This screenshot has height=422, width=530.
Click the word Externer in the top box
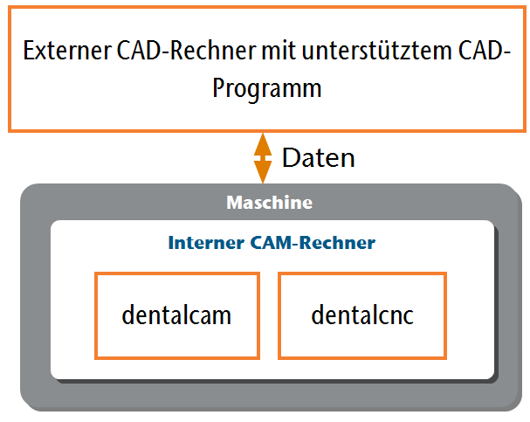tap(67, 51)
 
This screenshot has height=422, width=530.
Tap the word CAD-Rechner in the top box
tap(187, 51)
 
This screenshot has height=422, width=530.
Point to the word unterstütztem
tap(377, 51)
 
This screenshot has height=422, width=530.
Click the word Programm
tap(267, 88)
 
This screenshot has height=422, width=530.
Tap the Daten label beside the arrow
tap(319, 157)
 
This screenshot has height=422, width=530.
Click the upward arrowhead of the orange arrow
tap(263, 145)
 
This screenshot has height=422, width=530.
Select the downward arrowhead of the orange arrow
tap(263, 171)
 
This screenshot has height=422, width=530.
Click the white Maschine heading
tap(270, 203)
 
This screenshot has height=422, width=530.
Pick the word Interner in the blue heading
tap(206, 242)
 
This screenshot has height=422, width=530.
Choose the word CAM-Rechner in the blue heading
tap(313, 242)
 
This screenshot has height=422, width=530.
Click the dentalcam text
tap(176, 315)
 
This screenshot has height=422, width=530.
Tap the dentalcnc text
tap(362, 315)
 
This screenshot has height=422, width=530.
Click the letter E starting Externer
tap(29, 51)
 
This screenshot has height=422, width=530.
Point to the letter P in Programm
tap(218, 88)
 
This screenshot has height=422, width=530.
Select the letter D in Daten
tap(291, 157)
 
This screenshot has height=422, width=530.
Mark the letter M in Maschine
tap(234, 203)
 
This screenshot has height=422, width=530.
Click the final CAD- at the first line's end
tap(484, 51)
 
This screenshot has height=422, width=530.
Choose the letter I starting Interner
tap(170, 242)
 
